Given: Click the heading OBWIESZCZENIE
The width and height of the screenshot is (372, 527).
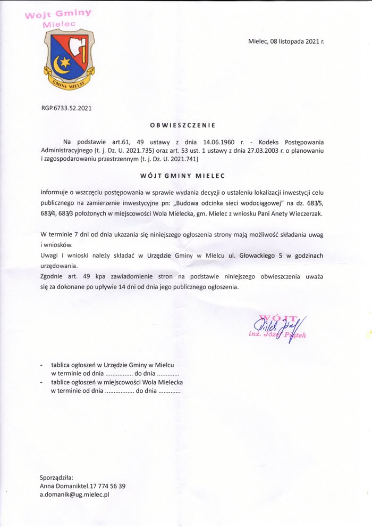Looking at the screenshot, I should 182,126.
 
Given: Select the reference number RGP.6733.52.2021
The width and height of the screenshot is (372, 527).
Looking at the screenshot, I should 66,108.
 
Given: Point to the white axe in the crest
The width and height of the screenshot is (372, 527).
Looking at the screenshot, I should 80,47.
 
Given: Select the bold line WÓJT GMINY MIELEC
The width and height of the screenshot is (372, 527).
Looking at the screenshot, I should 182,175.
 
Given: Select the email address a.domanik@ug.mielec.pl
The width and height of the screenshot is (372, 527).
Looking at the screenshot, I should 74,495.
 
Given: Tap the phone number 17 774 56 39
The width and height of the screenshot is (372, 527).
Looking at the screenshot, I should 106,486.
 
